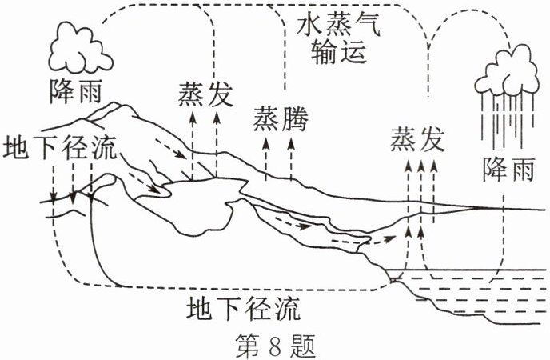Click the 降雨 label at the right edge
tap(508, 169)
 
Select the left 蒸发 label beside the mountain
tap(205, 94)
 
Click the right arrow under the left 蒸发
tap(216, 144)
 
